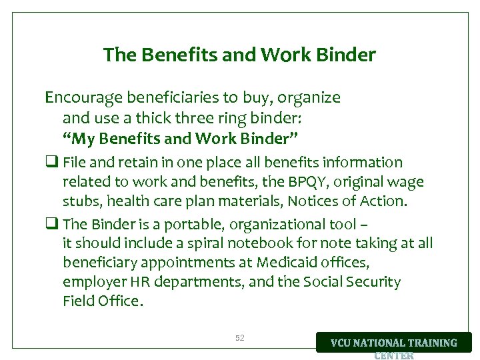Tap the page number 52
[240, 339]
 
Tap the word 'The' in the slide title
[118, 55]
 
